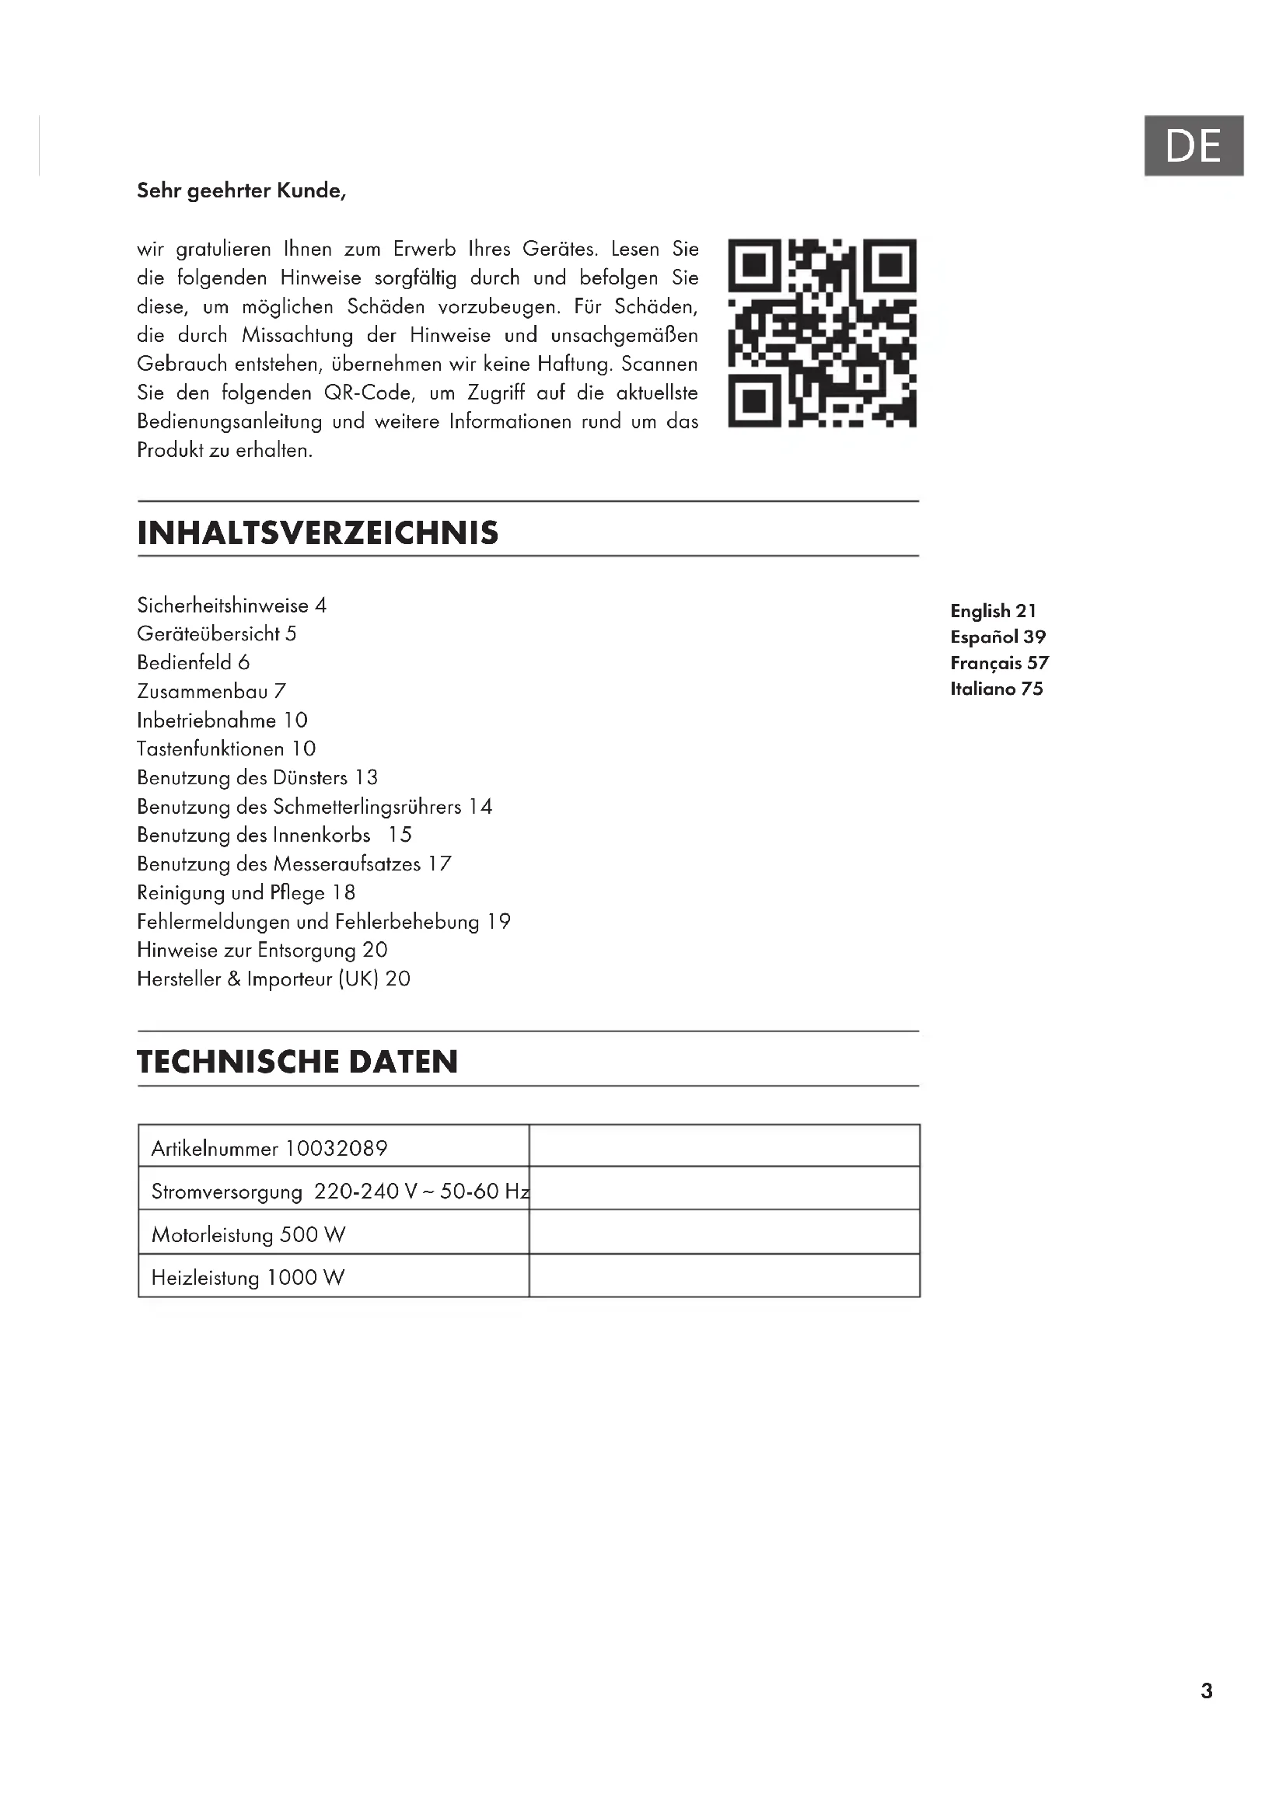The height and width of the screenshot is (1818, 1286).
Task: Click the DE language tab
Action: click(1193, 145)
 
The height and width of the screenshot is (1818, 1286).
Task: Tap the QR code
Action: click(822, 333)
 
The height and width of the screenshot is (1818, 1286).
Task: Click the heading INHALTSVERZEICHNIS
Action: click(317, 533)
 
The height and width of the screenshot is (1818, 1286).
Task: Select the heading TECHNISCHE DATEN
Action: click(297, 1062)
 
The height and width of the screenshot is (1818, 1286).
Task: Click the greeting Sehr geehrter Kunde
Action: click(242, 191)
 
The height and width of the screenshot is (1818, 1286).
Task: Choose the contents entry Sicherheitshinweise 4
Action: click(231, 605)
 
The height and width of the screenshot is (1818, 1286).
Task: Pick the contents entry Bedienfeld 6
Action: click(194, 663)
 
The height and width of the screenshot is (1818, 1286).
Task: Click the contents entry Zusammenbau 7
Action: click(211, 691)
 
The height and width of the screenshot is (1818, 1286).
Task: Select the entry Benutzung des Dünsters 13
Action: click(257, 777)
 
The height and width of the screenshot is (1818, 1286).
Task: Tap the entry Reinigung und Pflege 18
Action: click(246, 892)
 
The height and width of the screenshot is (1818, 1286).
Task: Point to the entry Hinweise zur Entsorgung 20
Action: click(262, 950)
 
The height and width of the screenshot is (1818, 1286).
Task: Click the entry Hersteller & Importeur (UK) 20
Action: click(273, 979)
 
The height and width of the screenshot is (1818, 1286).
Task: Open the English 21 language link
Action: click(993, 611)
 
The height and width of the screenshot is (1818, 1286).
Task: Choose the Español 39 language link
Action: click(998, 637)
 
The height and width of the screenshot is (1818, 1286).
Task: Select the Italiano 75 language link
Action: click(996, 689)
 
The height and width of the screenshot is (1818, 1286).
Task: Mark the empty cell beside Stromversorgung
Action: click(724, 1191)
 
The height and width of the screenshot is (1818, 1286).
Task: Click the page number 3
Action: click(1206, 1691)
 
